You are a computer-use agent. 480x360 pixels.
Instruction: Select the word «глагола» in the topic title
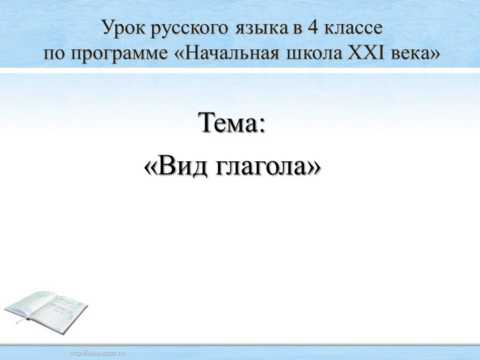click(x=263, y=166)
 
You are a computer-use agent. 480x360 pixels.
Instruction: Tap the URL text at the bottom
click(x=97, y=351)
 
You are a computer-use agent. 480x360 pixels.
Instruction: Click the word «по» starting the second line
click(x=54, y=53)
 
